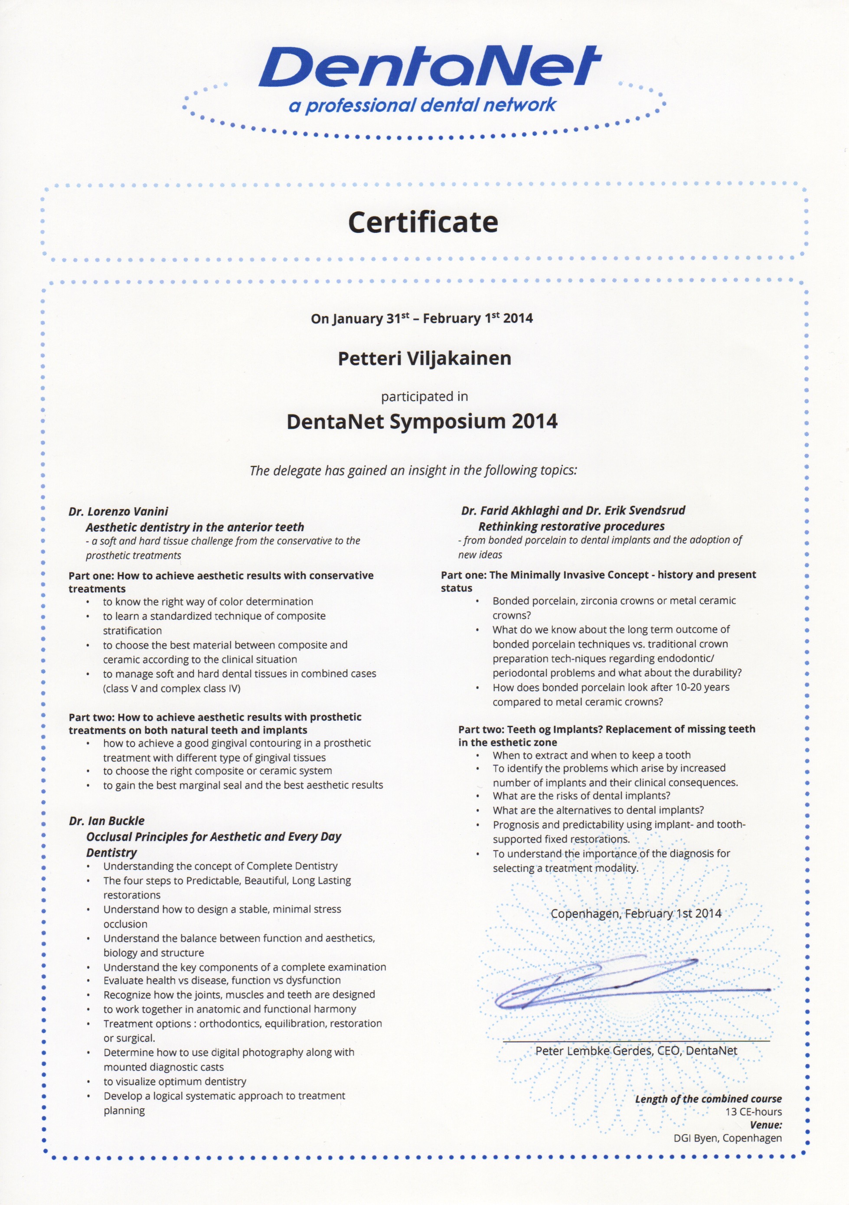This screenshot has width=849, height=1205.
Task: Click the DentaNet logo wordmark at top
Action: [x=429, y=67]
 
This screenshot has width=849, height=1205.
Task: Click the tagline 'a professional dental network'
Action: [x=422, y=105]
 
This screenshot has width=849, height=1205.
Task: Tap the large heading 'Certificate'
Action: [x=423, y=222]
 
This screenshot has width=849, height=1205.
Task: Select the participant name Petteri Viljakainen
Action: [x=424, y=359]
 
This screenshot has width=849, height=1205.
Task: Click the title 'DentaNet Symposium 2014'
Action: [x=422, y=421]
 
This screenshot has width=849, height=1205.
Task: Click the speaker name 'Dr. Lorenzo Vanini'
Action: [x=118, y=511]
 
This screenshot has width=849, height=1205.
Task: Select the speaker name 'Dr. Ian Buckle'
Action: [x=107, y=821]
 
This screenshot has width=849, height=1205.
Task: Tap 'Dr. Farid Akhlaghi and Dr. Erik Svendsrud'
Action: [x=573, y=510]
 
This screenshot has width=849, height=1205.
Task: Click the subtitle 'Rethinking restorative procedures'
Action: [x=571, y=526]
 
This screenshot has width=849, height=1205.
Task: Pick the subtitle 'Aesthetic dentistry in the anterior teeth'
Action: [x=195, y=527]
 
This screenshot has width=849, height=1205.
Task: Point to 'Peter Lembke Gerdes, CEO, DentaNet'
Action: [x=636, y=1051]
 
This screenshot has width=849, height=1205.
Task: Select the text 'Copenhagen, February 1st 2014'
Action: [x=635, y=914]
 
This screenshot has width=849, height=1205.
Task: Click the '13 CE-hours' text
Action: [x=754, y=1112]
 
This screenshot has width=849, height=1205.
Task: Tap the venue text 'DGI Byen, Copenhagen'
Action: [x=728, y=1138]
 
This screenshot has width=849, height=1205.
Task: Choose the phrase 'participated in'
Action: [x=424, y=397]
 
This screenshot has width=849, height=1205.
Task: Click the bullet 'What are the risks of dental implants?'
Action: [x=581, y=796]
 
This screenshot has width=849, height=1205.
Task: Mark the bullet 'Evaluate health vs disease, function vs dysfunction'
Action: [x=222, y=980]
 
